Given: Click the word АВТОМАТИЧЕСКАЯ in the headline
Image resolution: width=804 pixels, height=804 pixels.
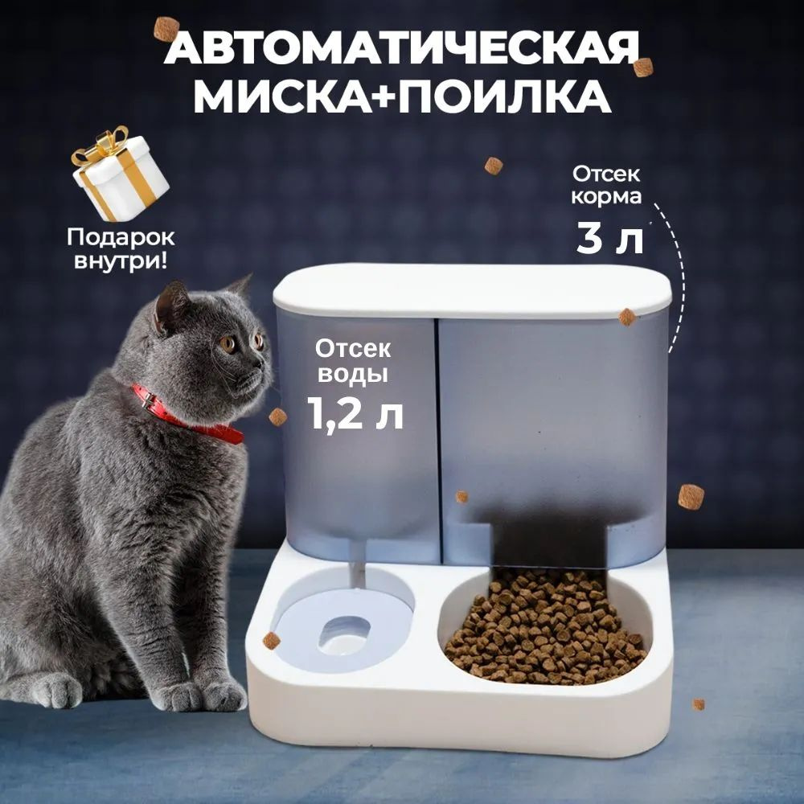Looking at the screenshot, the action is [x=402, y=47].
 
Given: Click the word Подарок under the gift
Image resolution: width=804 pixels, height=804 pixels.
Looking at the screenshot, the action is [x=121, y=237].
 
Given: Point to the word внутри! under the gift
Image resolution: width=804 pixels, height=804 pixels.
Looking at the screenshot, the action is [x=121, y=261].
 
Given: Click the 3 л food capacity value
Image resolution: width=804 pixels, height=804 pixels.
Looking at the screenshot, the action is [x=609, y=239].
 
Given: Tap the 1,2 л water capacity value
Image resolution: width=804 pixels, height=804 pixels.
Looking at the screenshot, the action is [x=355, y=413].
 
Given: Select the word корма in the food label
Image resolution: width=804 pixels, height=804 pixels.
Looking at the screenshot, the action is [x=606, y=196].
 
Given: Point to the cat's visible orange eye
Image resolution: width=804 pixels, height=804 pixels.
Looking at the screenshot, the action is [x=228, y=343].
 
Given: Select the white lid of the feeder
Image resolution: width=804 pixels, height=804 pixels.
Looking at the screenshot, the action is [x=472, y=291].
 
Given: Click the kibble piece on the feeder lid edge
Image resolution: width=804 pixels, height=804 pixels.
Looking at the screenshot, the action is [x=627, y=317].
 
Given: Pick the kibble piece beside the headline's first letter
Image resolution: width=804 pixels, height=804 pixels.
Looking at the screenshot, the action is [x=166, y=29].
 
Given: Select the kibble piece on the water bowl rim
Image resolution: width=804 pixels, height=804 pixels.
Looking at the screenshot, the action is [x=271, y=641].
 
